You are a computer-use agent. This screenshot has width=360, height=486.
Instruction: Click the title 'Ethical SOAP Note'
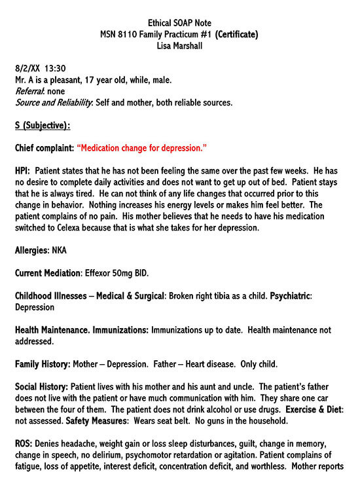pos(179,23)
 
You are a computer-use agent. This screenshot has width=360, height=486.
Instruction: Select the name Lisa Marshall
pos(179,45)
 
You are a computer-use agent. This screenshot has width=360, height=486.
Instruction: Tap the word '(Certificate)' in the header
pos(236,34)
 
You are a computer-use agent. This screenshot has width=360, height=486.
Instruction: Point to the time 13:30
pos(55,68)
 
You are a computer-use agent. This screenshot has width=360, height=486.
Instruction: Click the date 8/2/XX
pos(27,68)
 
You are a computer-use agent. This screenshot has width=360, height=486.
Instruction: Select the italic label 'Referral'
pos(29,91)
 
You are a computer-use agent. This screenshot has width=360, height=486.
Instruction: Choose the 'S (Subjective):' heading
pos(42,125)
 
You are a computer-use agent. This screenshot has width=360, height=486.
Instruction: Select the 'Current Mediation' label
pos(46,272)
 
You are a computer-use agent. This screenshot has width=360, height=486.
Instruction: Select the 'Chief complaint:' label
pos(44,148)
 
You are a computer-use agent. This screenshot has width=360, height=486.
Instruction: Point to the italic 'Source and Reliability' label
pos(53,102)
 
